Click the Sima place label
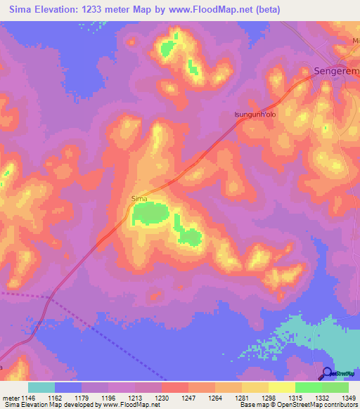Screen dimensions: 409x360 tap(139, 199)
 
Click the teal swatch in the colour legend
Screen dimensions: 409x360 tap(41, 387)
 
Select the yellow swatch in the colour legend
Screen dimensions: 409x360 tap(281, 387)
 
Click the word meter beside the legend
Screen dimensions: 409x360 tap(10, 398)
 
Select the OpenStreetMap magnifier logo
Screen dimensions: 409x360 tap(327, 374)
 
